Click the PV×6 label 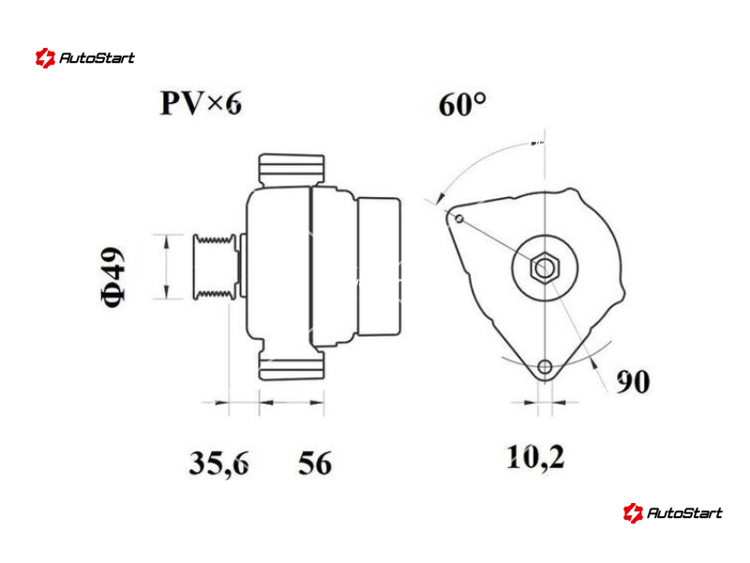pyautogui.click(x=201, y=103)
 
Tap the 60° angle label pyautogui.click(x=462, y=104)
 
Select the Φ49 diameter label pyautogui.click(x=112, y=277)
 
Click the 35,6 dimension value pyautogui.click(x=219, y=463)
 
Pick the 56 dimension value pyautogui.click(x=315, y=463)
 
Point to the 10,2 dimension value pyautogui.click(x=535, y=457)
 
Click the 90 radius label pyautogui.click(x=633, y=382)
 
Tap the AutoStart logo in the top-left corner pyautogui.click(x=85, y=58)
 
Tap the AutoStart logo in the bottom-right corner pyautogui.click(x=672, y=512)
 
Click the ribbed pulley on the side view pyautogui.click(x=215, y=266)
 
